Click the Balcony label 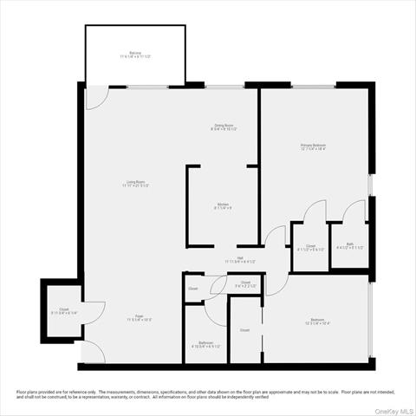coord(135,55)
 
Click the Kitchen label coord(223,206)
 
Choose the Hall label coord(240,259)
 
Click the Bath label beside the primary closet coord(350,246)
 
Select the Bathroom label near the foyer coord(205,344)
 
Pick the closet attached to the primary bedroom coord(309,247)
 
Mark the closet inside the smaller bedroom coord(245,330)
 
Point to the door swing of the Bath coord(354,212)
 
